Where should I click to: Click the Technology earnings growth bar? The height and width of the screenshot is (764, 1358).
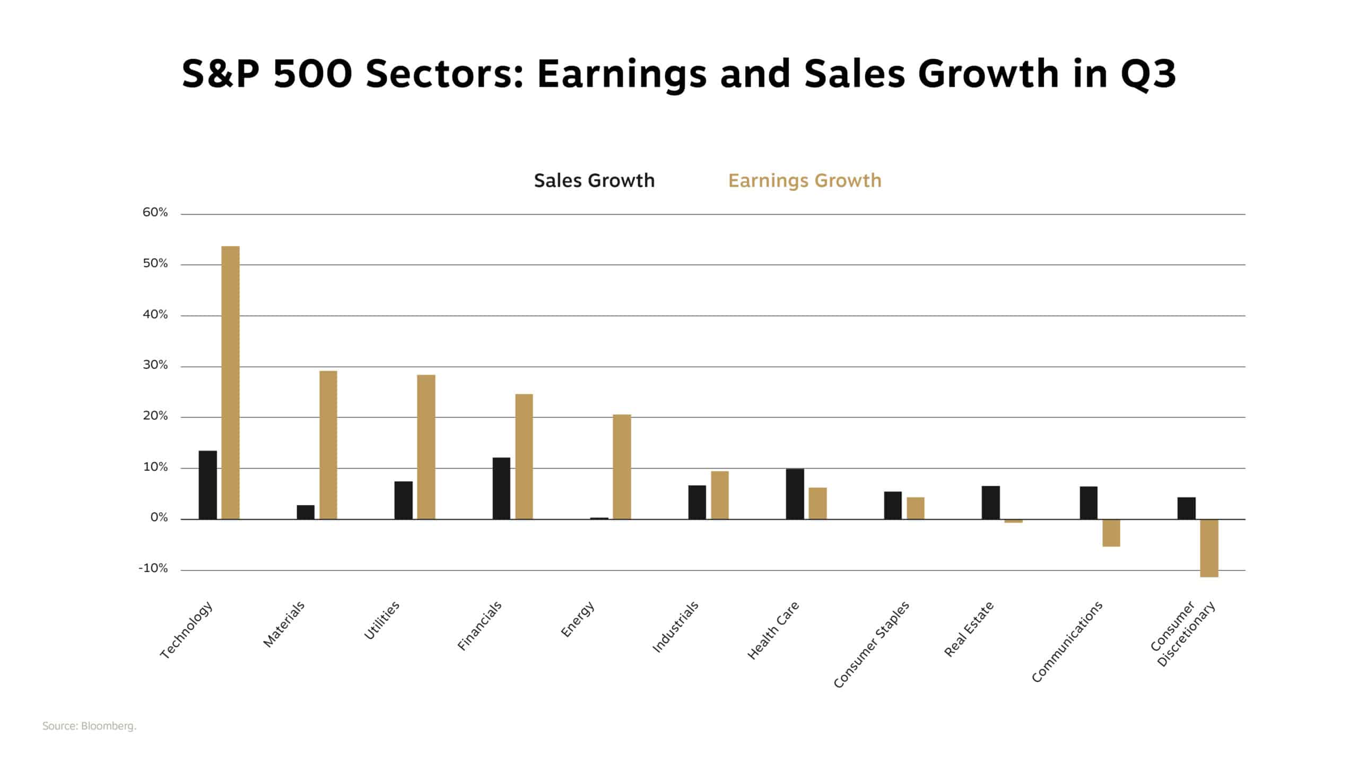(x=230, y=382)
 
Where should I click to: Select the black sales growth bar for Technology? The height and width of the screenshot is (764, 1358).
(x=207, y=485)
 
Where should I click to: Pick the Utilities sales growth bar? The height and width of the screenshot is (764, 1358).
(x=403, y=500)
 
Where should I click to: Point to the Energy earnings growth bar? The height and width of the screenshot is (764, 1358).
(x=622, y=467)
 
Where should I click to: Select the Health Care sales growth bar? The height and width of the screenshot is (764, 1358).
(x=795, y=494)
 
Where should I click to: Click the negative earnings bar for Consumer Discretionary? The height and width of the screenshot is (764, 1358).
(x=1209, y=548)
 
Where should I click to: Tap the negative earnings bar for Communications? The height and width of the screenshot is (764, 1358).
(x=1111, y=532)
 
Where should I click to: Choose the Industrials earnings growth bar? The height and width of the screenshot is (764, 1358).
(x=719, y=495)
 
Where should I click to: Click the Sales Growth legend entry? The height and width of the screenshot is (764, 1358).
(x=594, y=181)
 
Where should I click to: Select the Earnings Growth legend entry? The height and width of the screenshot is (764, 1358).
(x=804, y=181)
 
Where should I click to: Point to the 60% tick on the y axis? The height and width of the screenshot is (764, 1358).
(x=155, y=213)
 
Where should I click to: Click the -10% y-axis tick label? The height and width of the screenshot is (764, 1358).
(x=153, y=568)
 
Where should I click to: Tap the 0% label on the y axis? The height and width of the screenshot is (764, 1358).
(x=159, y=517)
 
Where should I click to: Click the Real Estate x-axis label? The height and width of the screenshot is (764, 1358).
(x=969, y=629)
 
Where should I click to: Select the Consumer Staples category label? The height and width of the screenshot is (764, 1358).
(x=871, y=644)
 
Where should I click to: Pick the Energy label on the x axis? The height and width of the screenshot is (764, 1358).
(x=577, y=619)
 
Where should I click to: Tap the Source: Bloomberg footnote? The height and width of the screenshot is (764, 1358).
(x=89, y=726)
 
